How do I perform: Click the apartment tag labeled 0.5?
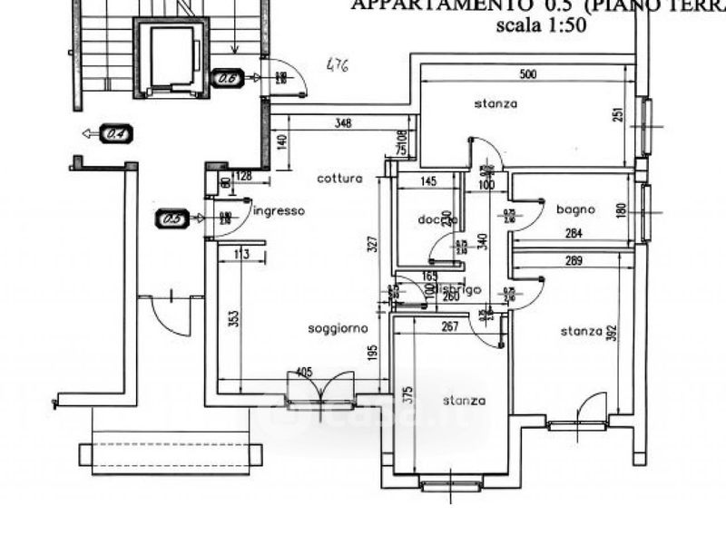click(172, 219)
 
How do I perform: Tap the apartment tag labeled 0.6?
click(227, 79)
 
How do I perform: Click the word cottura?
click(339, 179)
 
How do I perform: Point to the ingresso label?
click(279, 211)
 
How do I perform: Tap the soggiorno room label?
click(338, 327)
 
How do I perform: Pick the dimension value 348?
click(343, 122)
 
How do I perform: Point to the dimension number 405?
click(304, 373)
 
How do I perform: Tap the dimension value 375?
click(407, 394)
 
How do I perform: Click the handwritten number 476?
click(337, 65)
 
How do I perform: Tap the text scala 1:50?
click(541, 24)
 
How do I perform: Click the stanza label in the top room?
click(495, 103)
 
